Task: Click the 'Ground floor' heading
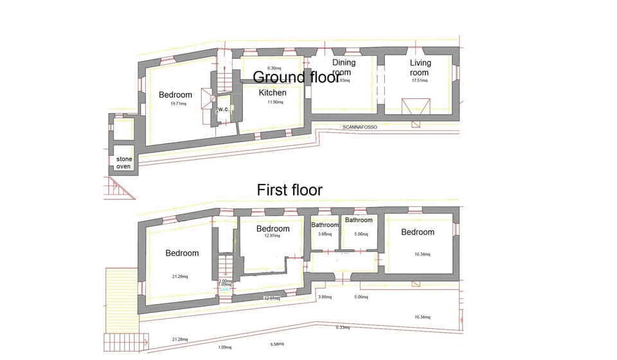point(296,78)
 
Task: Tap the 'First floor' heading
point(289,190)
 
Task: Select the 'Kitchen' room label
point(273,93)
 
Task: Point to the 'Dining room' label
point(344,67)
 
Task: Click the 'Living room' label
point(420,67)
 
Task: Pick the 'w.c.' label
point(224,109)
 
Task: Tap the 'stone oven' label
point(124,163)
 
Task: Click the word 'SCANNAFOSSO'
point(360,128)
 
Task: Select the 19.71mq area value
point(177,104)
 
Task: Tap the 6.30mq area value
point(274,67)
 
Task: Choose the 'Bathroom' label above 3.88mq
point(325,225)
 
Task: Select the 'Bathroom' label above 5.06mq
point(359,221)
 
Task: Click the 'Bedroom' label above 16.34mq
point(417,232)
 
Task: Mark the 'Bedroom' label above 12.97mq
point(273,229)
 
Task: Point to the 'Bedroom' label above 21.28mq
point(182,253)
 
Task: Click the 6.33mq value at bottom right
point(343,327)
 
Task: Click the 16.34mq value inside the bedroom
point(422,254)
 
